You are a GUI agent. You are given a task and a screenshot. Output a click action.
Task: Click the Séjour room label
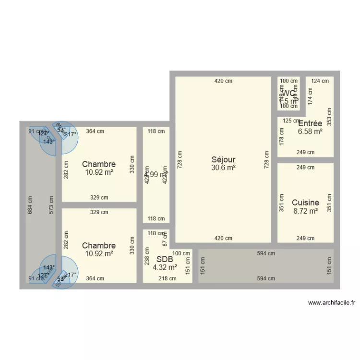[x=223, y=160]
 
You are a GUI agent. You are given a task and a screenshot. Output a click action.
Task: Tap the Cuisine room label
[x=305, y=203]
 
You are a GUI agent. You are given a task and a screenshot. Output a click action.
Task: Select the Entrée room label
[x=310, y=123]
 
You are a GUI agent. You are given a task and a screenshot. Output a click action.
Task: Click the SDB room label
[x=165, y=259]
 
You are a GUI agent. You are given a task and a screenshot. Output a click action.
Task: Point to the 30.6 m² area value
[x=223, y=168]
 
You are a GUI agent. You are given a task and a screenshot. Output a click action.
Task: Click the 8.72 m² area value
[x=306, y=211]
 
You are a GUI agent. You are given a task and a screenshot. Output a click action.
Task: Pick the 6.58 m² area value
[x=310, y=131]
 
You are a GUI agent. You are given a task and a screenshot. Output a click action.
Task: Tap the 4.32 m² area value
[x=165, y=267]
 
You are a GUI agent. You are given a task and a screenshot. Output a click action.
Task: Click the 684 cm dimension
[x=30, y=205]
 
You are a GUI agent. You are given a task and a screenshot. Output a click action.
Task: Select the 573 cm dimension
[x=51, y=205]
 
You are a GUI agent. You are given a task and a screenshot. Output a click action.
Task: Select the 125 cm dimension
[x=290, y=120]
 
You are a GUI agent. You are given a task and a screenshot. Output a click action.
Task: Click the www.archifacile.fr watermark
[x=332, y=303]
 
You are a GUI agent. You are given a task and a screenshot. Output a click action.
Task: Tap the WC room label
[x=289, y=93]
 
